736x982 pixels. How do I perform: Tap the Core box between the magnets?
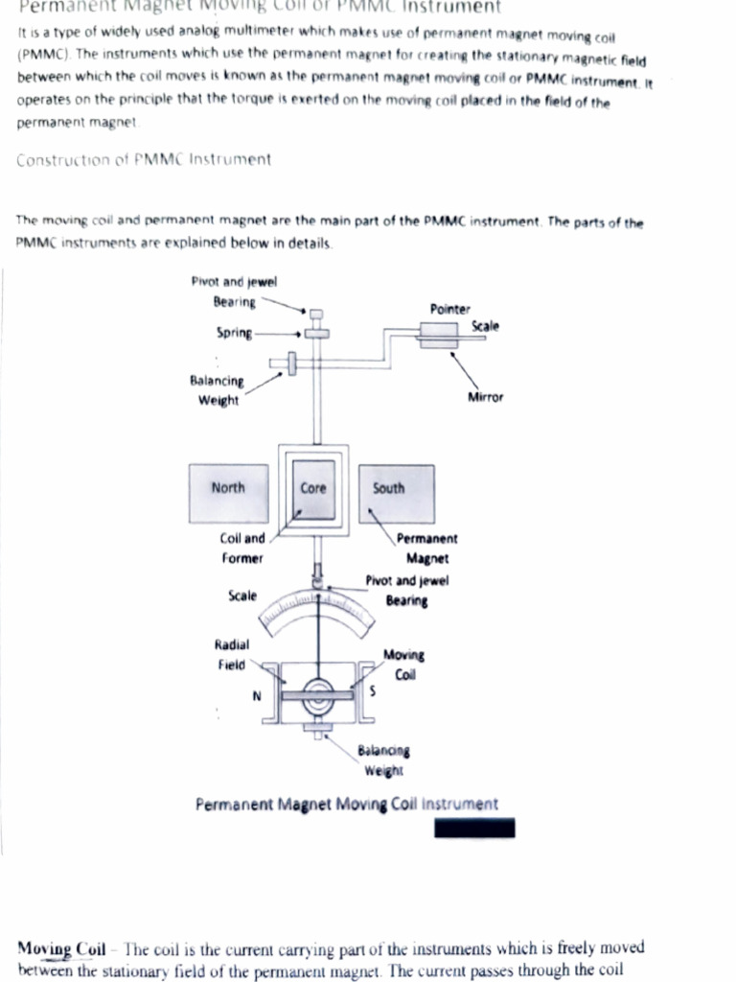tap(313, 488)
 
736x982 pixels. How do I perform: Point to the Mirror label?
tap(485, 396)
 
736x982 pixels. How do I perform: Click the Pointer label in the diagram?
tap(451, 309)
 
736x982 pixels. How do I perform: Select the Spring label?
tap(235, 333)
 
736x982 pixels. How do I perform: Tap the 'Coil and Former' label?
tap(243, 548)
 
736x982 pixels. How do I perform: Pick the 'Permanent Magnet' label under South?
tap(426, 549)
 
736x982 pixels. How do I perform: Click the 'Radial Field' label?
tap(232, 654)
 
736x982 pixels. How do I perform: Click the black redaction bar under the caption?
tap(474, 827)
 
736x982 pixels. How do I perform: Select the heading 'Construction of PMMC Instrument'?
tap(144, 159)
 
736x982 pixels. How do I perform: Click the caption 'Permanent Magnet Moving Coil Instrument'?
tap(346, 804)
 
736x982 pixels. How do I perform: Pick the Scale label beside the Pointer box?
tap(485, 326)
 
